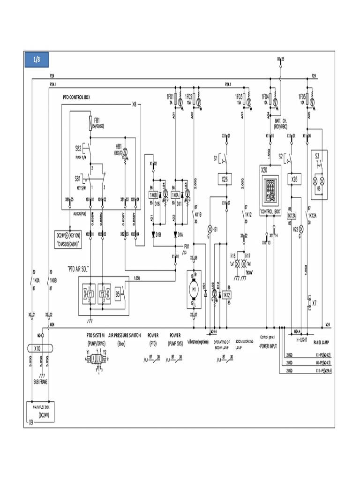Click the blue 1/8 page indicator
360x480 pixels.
pyautogui.click(x=37, y=60)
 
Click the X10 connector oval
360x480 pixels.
pyautogui.click(x=38, y=348)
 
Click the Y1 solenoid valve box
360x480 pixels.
pyautogui.click(x=88, y=294)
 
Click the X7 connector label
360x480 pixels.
pyautogui.click(x=315, y=303)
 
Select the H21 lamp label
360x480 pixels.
pyautogui.click(x=216, y=229)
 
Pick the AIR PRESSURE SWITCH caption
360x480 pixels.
pyautogui.click(x=124, y=336)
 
